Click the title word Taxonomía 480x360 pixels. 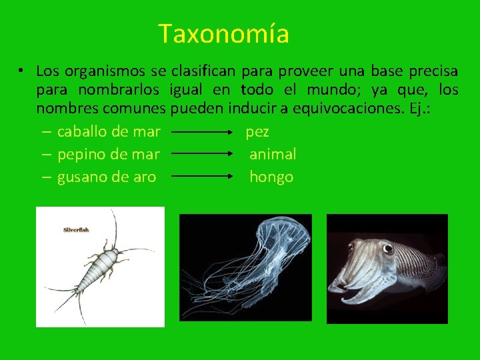tap(223, 33)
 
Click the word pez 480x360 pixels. tap(257, 132)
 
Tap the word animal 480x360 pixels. tap(273, 154)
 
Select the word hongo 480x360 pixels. tap(271, 177)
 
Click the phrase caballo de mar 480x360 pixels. tap(109, 132)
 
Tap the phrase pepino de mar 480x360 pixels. tap(109, 154)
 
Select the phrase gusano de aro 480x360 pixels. tap(107, 177)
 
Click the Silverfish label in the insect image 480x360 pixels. tap(76, 230)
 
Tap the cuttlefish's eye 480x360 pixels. tap(388, 249)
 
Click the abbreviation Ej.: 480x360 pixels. tap(419, 109)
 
